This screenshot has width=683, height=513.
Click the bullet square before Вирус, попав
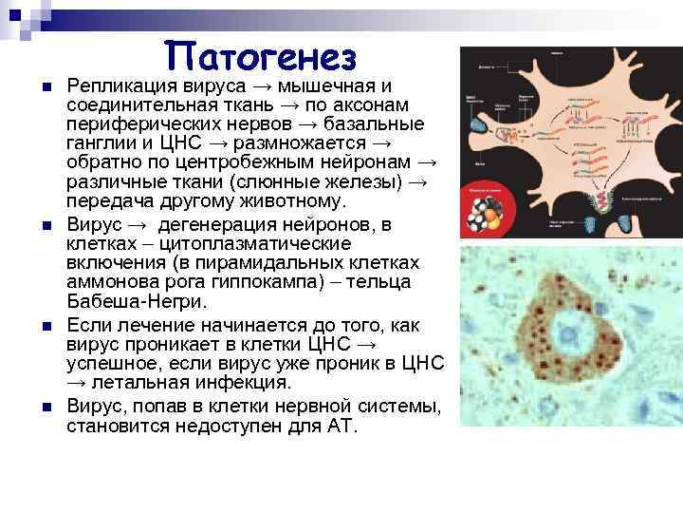(46, 408)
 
